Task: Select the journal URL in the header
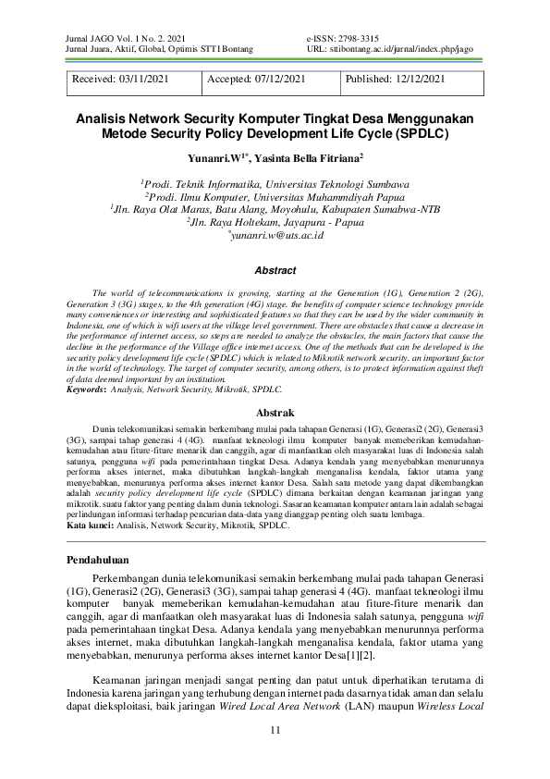pyautogui.click(x=383, y=48)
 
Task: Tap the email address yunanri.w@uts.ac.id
pyautogui.click(x=276, y=237)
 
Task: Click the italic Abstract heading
pyautogui.click(x=275, y=271)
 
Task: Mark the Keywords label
pyautogui.click(x=86, y=390)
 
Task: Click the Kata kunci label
pyautogui.click(x=90, y=526)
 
